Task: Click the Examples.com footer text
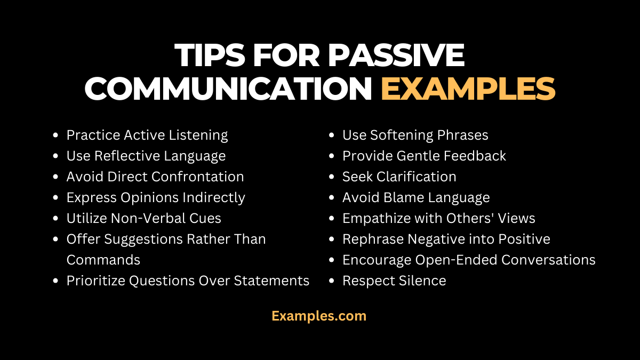[x=319, y=316]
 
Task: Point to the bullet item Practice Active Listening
[x=147, y=135]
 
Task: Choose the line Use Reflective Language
[x=146, y=156]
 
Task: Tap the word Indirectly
[x=214, y=197]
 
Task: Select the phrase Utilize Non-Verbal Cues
[x=143, y=218]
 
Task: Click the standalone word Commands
[x=103, y=260]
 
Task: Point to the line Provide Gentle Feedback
[x=424, y=156]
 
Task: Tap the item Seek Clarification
[x=399, y=177]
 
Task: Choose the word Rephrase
[x=373, y=239]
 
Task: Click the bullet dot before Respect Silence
[x=332, y=281]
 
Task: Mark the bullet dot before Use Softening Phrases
[x=332, y=136]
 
